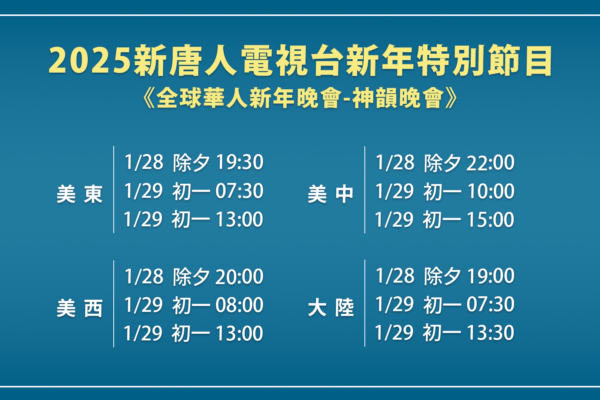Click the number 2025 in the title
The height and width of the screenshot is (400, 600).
90,61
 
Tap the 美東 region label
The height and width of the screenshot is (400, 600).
80,194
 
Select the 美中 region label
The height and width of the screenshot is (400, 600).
331,194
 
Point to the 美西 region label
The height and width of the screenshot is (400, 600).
80,308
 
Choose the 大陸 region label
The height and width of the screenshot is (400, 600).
331,308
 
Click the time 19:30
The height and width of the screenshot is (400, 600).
240,162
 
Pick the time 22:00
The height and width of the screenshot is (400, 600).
491,162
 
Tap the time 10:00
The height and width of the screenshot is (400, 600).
491,191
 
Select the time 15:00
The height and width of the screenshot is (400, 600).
491,220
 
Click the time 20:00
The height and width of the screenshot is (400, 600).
240,276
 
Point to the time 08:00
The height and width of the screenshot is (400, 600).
240,305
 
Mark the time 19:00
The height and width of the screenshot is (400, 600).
491,276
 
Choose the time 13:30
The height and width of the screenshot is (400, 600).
491,332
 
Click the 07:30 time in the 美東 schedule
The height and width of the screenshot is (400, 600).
240,191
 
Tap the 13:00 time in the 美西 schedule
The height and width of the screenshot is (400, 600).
240,333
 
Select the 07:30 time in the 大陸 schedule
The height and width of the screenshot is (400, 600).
491,304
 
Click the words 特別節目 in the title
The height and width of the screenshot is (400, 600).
485,61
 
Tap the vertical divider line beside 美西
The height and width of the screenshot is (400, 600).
114,304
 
